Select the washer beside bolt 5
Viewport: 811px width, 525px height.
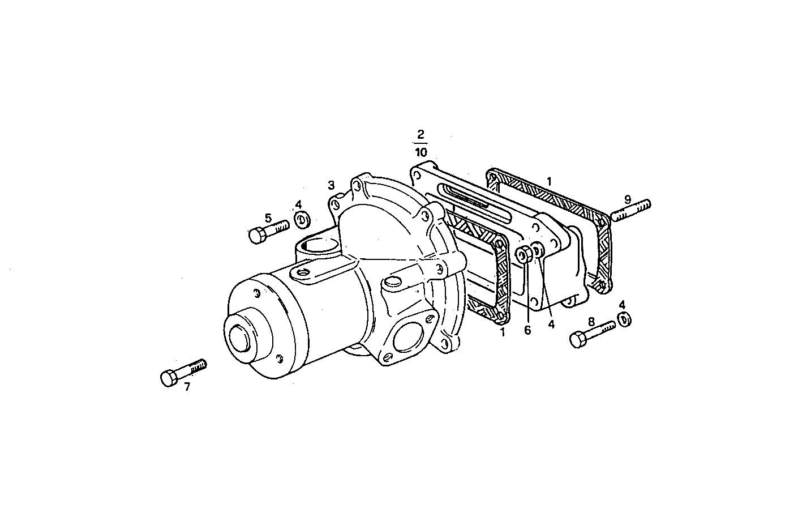pos(301,219)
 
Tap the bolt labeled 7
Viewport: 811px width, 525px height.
pos(183,372)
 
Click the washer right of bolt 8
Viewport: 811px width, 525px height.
pos(624,319)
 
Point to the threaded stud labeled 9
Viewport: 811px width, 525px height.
pos(630,210)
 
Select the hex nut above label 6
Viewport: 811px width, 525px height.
pos(524,254)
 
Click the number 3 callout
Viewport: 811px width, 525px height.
pos(331,185)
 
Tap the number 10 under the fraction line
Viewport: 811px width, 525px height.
pos(420,152)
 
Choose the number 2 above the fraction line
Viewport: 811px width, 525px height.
pos(420,135)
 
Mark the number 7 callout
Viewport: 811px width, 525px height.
pos(187,387)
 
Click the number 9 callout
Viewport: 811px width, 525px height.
pos(628,199)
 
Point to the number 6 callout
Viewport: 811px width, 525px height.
pos(527,330)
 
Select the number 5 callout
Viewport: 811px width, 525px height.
pos(268,217)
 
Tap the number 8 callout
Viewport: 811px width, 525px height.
pos(591,322)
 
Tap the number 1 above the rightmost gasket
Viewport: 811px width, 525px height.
pos(548,181)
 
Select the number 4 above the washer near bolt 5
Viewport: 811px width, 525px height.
pos(298,204)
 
